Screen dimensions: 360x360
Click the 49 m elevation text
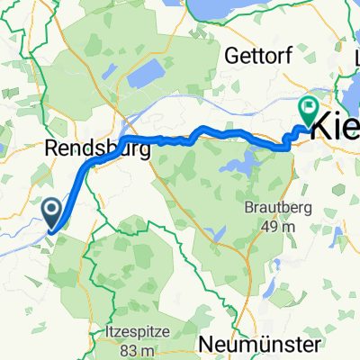277,226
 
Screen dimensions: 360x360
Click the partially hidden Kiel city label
334,130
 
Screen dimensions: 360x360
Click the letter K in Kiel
320,130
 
